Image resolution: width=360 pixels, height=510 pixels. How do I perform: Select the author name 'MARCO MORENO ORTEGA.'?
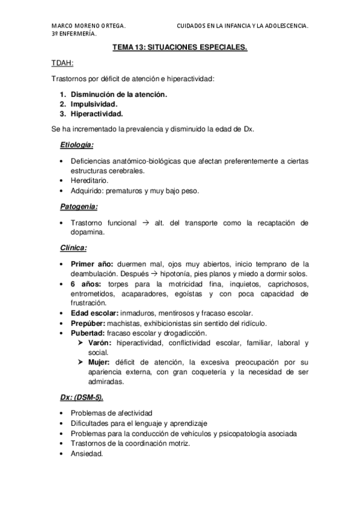89,26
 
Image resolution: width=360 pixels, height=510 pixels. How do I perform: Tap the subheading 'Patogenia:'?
78,206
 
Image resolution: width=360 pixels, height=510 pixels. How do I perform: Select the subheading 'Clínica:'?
73,247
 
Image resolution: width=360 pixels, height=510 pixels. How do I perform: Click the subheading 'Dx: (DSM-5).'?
85,398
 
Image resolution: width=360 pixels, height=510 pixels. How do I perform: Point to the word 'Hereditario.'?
89,180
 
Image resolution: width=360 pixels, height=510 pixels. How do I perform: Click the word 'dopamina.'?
89,232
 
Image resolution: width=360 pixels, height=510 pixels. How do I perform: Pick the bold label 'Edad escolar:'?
94,313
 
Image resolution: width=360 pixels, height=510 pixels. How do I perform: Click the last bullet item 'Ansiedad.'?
87,454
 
